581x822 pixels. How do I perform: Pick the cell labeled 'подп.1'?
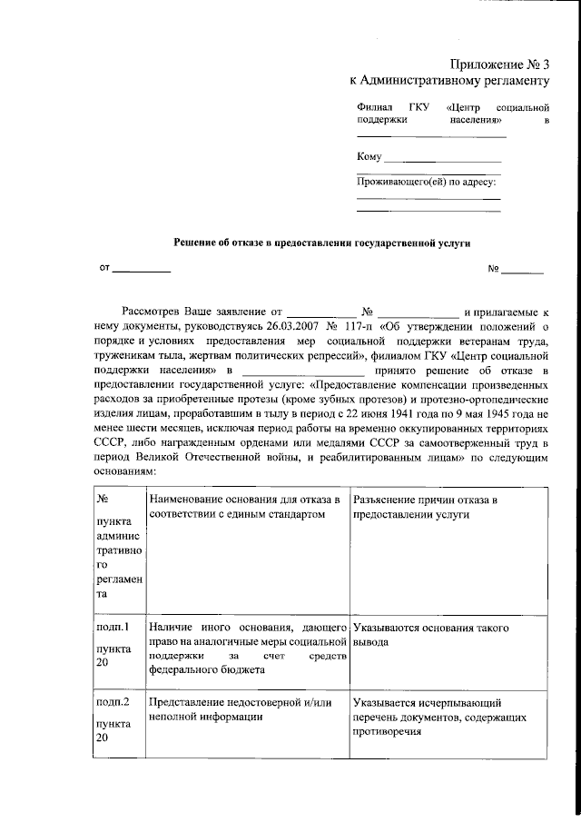coord(113,627)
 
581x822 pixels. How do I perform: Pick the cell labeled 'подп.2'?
coord(113,703)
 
